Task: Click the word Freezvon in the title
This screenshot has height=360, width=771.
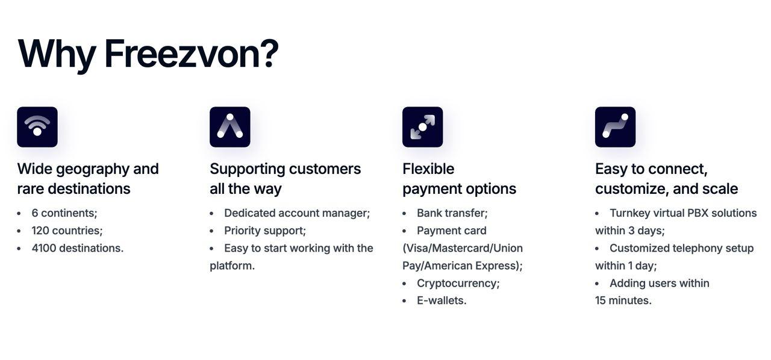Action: (192, 54)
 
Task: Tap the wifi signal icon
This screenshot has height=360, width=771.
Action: (37, 127)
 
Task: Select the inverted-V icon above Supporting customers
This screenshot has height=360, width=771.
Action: (230, 127)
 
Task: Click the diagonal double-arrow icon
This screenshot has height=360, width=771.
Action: (423, 127)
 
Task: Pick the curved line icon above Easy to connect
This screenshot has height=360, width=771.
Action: (616, 127)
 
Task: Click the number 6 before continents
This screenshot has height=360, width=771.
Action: (35, 213)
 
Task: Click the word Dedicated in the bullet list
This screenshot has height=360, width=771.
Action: (250, 213)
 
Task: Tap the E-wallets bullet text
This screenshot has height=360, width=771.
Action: (442, 300)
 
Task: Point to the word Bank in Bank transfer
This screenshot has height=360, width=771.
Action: (428, 213)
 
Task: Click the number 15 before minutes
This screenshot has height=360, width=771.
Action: (601, 300)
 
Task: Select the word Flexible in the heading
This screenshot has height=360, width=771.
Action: (428, 169)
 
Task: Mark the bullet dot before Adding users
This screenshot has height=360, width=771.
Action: (597, 284)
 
